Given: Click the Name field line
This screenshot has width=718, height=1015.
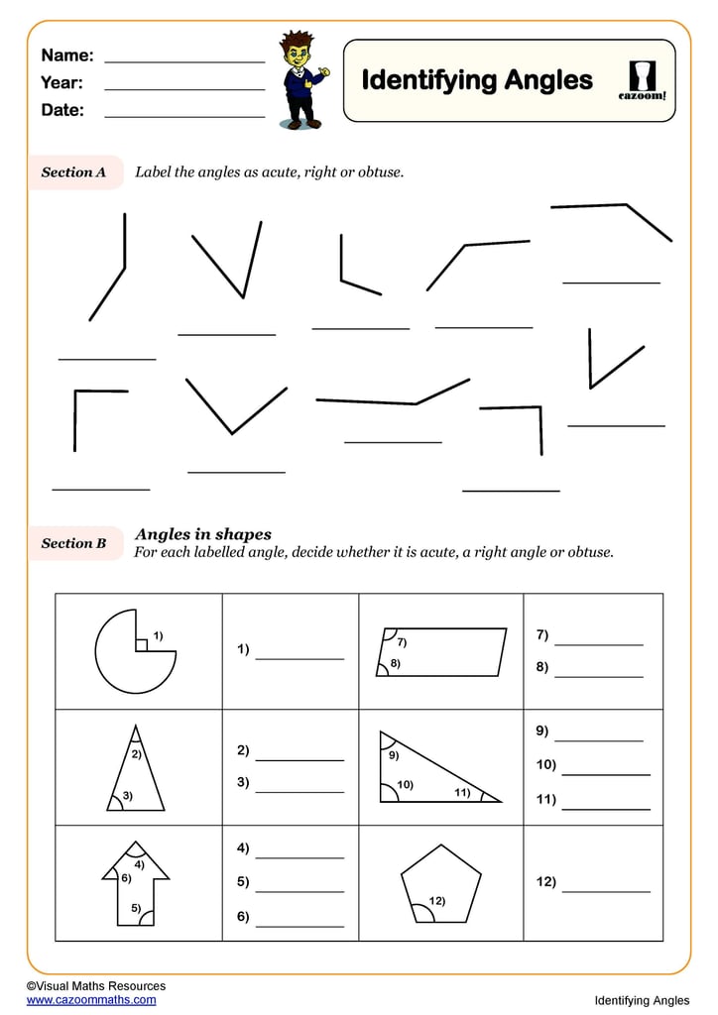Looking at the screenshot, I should (x=184, y=61).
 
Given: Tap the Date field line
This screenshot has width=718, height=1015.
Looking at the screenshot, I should (x=184, y=117).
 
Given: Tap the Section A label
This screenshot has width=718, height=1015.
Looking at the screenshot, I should (x=73, y=172).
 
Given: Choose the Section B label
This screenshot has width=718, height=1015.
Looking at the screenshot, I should (x=73, y=543).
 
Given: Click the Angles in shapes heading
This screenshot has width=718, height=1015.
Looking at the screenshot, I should (x=203, y=534).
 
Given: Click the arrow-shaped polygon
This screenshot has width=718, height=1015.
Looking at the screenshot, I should (x=137, y=882).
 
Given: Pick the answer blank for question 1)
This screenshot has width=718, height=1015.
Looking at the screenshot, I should (x=299, y=657).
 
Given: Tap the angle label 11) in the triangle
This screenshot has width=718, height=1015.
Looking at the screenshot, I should (x=462, y=792).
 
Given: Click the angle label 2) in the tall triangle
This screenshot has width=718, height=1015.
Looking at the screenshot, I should (x=137, y=754).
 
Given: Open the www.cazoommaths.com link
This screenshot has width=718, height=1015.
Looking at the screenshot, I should (x=91, y=1000).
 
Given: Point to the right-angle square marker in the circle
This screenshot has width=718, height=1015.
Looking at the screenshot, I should (x=142, y=645).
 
